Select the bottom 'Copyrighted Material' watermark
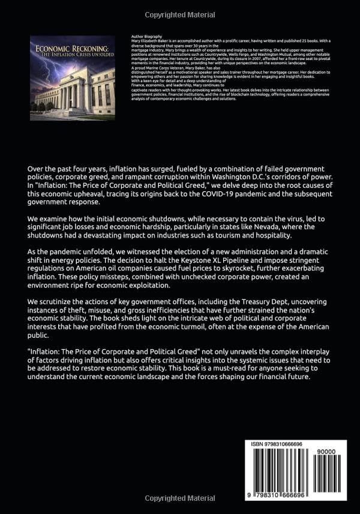pyautogui.click(x=180, y=497)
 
